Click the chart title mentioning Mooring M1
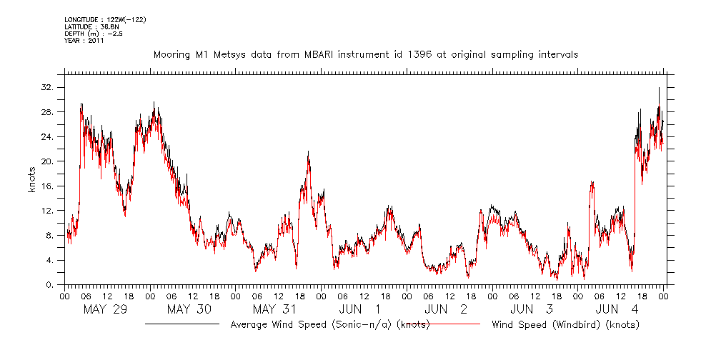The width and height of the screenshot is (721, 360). pyautogui.click(x=365, y=54)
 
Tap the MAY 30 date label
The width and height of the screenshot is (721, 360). pyautogui.click(x=189, y=309)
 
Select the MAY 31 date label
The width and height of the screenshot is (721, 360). pyautogui.click(x=274, y=309)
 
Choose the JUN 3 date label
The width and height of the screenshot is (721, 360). pyautogui.click(x=532, y=309)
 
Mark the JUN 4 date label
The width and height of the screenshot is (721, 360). pyautogui.click(x=617, y=309)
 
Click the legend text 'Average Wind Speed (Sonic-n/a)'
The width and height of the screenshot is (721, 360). pyautogui.click(x=329, y=324)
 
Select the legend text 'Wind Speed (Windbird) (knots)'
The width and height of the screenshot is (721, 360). pyautogui.click(x=565, y=324)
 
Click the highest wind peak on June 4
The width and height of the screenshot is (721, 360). pyautogui.click(x=659, y=88)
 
